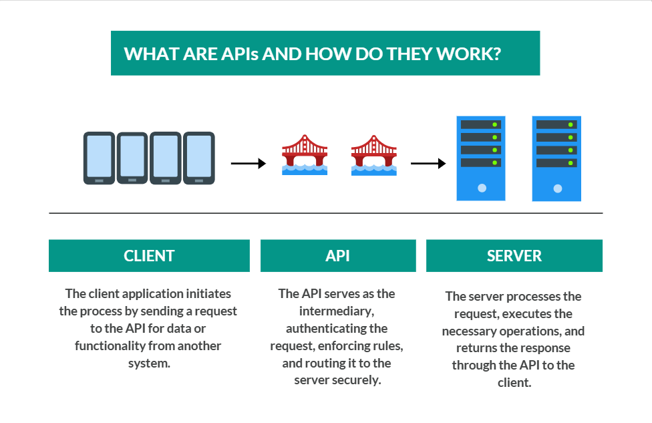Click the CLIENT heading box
pos(149,256)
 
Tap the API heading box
pos(337,256)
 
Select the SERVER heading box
pos(514,256)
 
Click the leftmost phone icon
pos(99,158)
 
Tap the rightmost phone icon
pos(199,158)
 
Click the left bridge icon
pos(305,155)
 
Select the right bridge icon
pos(373,155)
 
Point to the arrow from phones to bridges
pos(248,163)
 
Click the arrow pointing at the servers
pos(428,163)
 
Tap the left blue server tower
pos(481,158)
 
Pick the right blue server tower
pos(556,158)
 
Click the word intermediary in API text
pos(337,311)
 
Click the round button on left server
pos(482,188)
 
